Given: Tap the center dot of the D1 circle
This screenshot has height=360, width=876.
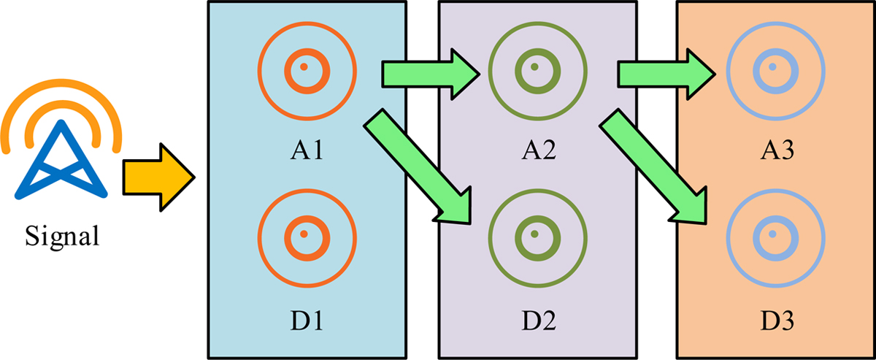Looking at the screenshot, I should coord(307,234).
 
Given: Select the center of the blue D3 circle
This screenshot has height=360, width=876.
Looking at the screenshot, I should coord(771,234).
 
